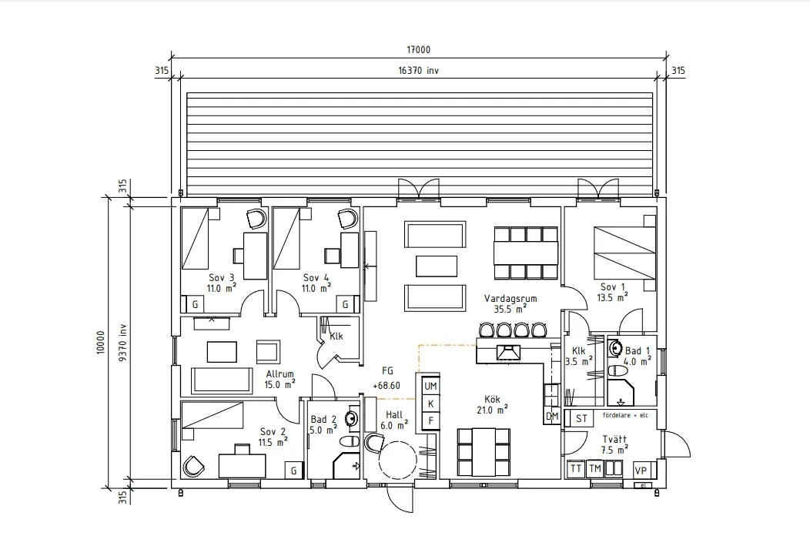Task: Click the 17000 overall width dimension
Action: coord(418,49)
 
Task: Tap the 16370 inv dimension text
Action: coord(418,70)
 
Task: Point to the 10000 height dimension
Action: coord(100,342)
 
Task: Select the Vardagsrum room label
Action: coord(510,298)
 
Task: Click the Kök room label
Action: coord(492,399)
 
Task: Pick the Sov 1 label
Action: coord(613,286)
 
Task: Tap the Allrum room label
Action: coord(280,374)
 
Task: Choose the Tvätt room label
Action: coord(614,439)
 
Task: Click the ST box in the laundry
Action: coord(581,418)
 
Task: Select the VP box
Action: coord(641,471)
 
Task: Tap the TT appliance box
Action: coord(575,469)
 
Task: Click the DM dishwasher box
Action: coord(552,416)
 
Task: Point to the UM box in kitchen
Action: coord(430,386)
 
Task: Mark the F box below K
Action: coord(430,420)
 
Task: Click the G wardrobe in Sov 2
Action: coord(293,471)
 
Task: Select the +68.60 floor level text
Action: coord(387,386)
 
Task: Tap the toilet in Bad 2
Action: coord(350,441)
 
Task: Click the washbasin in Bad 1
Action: coord(614,348)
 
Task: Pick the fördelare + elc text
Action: coord(624,415)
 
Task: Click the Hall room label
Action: coord(394,415)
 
